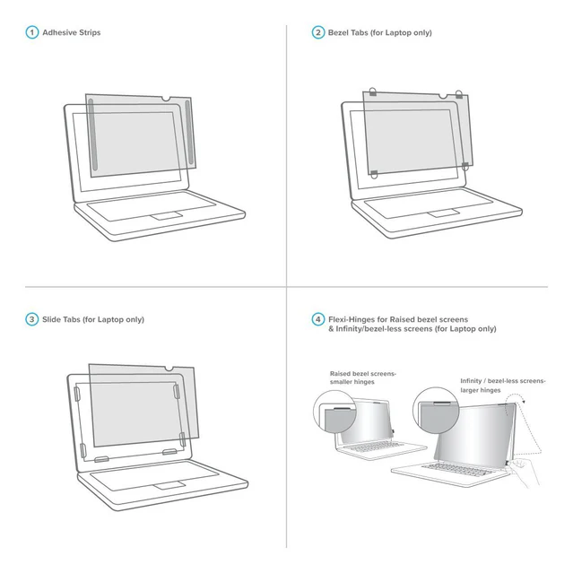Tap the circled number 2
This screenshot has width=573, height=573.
pyautogui.click(x=317, y=33)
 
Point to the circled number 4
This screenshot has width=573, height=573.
pyautogui.click(x=317, y=319)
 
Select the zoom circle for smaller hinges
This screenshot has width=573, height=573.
pyautogui.click(x=333, y=417)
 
